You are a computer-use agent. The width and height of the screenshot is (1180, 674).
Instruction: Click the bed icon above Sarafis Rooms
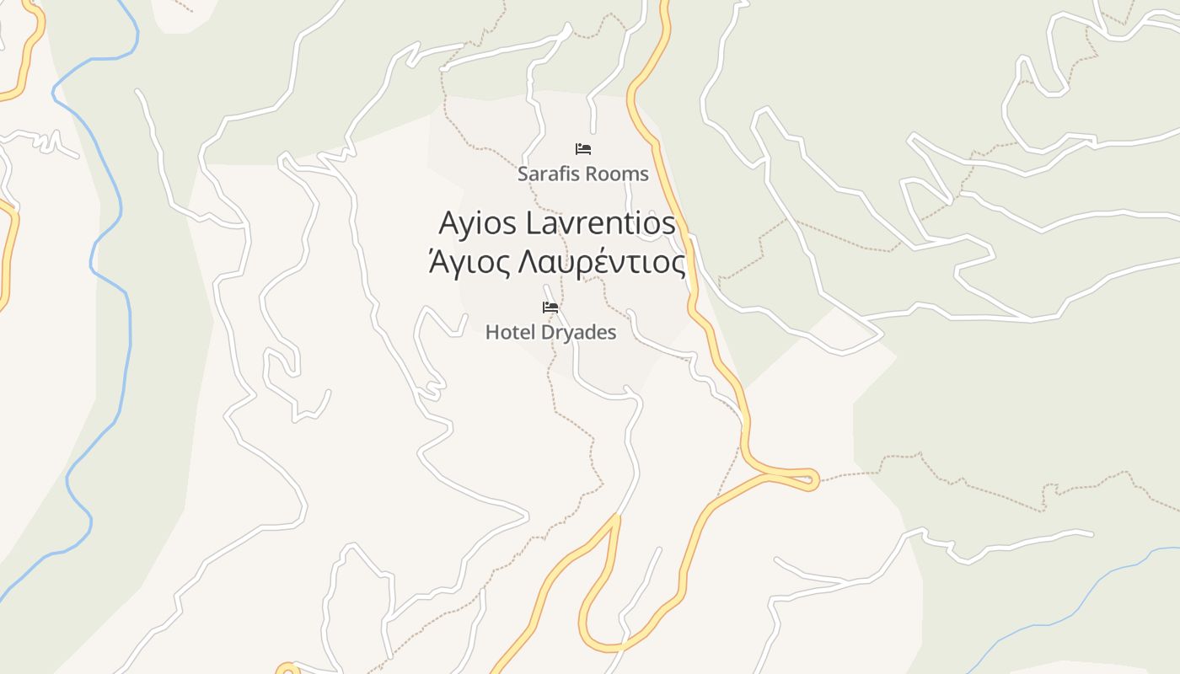coord(583,149)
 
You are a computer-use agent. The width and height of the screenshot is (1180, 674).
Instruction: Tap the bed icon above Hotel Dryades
coord(550,308)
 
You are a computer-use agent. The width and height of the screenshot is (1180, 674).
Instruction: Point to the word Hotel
coord(510,332)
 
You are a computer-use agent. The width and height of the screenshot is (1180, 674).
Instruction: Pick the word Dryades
coord(578,332)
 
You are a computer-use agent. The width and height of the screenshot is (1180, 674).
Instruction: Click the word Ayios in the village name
coord(478,223)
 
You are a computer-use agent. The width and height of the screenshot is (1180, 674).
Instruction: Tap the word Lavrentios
coord(601,223)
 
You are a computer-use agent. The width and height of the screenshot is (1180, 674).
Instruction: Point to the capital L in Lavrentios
coord(532,223)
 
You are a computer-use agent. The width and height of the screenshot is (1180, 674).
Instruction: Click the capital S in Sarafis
coord(523,174)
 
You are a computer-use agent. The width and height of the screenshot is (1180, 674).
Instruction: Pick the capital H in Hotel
coord(491,332)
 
